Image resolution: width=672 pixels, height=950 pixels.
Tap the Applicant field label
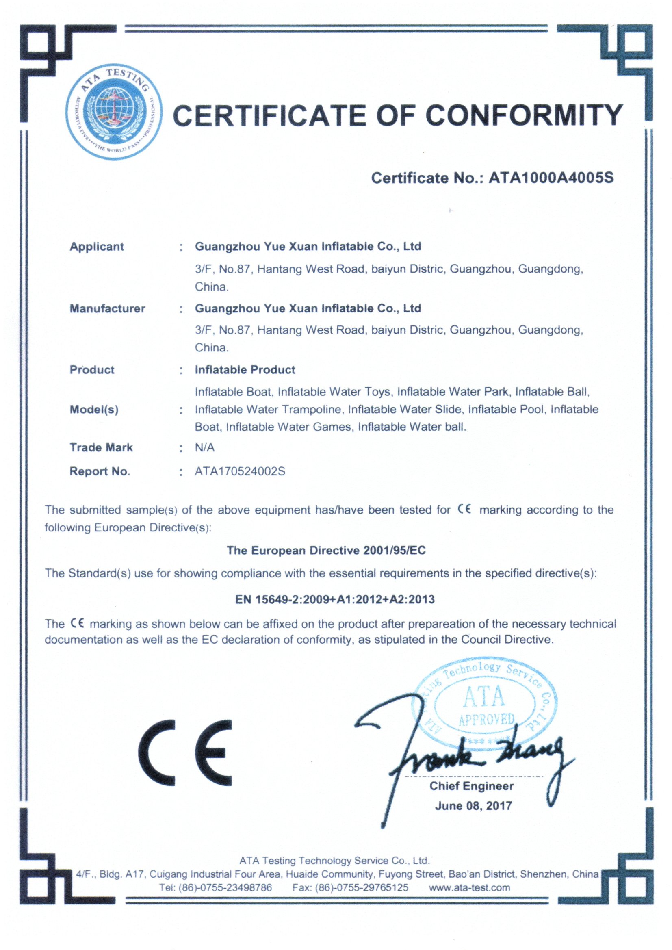pos(96,247)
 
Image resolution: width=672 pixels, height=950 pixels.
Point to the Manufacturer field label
pos(107,308)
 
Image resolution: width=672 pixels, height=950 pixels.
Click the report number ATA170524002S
pos(240,471)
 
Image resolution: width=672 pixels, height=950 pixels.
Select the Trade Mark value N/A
pos(204,447)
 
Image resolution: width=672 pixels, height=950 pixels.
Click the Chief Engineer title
pos(471,786)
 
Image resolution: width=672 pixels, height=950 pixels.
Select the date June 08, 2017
pos(473,806)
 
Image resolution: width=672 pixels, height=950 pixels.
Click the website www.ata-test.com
pos(469,887)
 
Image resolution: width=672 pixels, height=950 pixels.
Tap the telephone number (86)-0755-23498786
pos(225,887)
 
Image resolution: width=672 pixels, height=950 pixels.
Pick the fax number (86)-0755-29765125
pos(361,887)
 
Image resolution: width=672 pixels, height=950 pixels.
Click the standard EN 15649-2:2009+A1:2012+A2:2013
pos(335,600)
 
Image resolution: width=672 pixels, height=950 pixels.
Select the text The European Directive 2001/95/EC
pos(326,550)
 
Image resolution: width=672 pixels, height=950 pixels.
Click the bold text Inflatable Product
pos(245,369)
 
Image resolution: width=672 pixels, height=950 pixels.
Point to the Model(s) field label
pos(94,410)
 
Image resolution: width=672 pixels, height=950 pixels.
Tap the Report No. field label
pos(100,471)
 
